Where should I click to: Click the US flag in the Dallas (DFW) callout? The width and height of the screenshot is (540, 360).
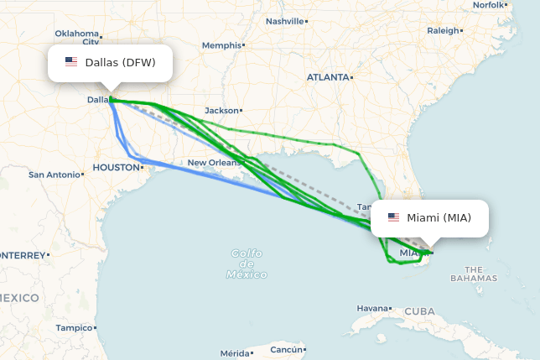[71, 62]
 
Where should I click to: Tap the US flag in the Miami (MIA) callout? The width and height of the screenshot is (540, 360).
[393, 217]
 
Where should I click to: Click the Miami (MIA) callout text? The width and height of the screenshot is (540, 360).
[439, 218]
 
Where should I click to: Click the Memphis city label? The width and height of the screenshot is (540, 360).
[221, 45]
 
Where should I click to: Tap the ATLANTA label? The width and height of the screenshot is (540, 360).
[327, 77]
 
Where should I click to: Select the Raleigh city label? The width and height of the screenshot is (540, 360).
[443, 30]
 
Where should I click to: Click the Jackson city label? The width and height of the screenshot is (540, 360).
[221, 110]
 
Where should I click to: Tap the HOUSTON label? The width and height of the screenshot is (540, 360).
[116, 167]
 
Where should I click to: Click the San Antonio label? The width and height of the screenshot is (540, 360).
[54, 175]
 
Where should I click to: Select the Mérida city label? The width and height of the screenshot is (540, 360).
[235, 353]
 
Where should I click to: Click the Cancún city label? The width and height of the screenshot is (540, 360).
[286, 349]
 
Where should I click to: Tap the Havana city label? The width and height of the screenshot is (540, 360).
[373, 308]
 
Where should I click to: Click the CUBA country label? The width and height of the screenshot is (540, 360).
[419, 311]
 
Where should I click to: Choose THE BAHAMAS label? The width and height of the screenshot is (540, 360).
[474, 274]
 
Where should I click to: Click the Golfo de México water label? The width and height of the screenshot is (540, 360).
[247, 263]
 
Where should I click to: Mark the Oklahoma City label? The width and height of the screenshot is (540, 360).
[77, 37]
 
